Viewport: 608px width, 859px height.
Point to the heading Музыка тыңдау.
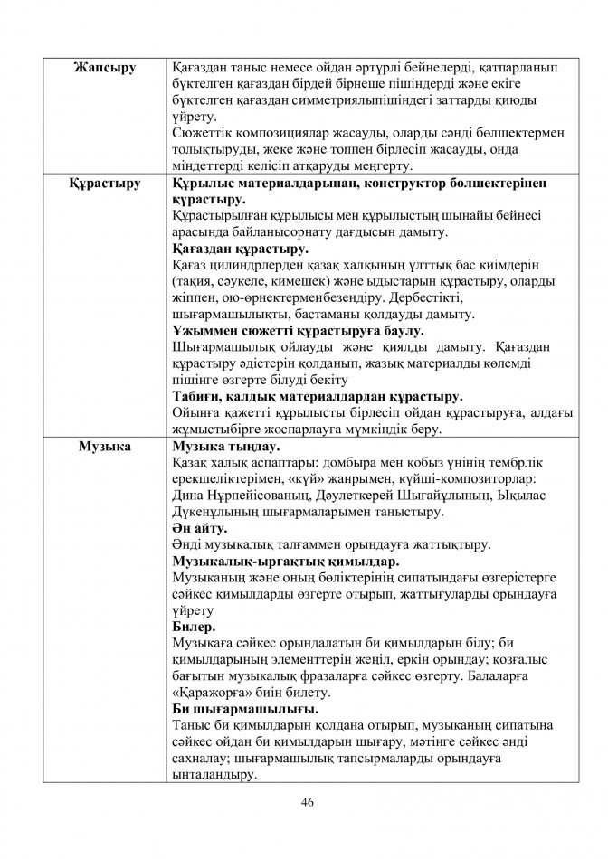pyautogui.click(x=225, y=446)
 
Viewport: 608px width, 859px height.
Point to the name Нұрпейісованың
pyautogui.click(x=250, y=495)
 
